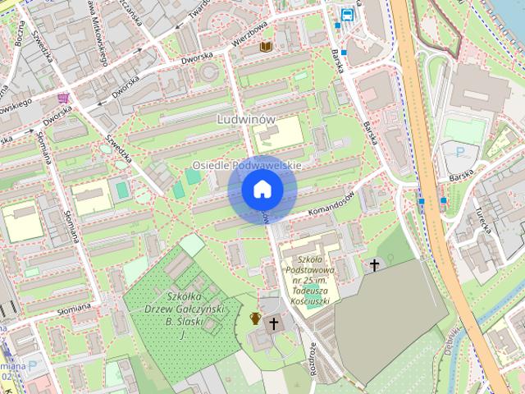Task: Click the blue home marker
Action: point(262,190)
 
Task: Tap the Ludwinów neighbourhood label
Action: point(246,120)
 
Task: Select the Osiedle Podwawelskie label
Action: point(247,165)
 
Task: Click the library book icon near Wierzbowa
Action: point(265,47)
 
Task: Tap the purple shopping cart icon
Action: point(63,98)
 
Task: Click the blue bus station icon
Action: point(349,14)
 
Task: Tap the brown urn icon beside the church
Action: point(256,318)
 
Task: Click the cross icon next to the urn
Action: point(275,323)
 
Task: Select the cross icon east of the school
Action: point(375,264)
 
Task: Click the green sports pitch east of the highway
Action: point(464,131)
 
